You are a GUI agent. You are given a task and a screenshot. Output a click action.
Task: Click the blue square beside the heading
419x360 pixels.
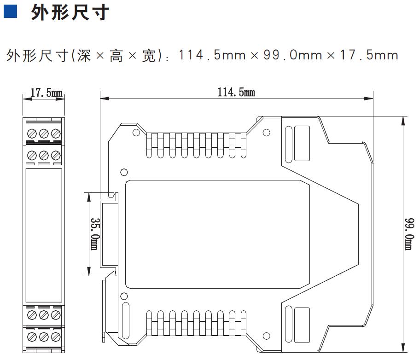pyautogui.click(x=10, y=12)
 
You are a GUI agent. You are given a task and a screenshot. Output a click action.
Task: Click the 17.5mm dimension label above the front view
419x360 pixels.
pyautogui.click(x=47, y=93)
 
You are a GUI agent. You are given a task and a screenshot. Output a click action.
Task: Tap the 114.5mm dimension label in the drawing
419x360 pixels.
pyautogui.click(x=236, y=92)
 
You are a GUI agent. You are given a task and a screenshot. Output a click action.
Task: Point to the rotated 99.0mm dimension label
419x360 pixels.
pyautogui.click(x=409, y=234)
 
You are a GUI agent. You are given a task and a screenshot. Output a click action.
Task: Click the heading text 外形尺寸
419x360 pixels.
pyautogui.click(x=70, y=12)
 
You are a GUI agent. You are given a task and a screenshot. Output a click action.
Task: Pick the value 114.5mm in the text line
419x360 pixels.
pyautogui.click(x=212, y=55)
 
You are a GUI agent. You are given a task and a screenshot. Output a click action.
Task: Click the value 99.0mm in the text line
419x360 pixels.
pyautogui.click(x=293, y=55)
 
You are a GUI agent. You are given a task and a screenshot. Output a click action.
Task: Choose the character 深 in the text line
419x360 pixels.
pyautogui.click(x=84, y=56)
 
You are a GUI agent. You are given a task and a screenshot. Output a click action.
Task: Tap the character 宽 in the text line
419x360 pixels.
pyautogui.click(x=149, y=56)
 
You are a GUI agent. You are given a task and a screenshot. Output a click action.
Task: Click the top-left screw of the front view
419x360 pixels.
pyautogui.click(x=32, y=134)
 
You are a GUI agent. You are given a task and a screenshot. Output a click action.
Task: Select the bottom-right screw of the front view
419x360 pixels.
pyautogui.click(x=56, y=337)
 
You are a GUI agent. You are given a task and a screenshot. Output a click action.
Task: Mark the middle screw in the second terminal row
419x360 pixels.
pyautogui.click(x=44, y=155)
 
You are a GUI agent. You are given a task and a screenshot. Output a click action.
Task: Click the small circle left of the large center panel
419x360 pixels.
pyautogui.click(x=124, y=172)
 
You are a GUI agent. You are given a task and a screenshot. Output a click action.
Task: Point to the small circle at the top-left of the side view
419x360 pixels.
pyautogui.click(x=136, y=132)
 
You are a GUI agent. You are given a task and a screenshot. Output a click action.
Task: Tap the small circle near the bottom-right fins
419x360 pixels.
pyautogui.click(x=267, y=336)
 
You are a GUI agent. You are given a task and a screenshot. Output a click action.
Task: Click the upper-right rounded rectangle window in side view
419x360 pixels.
pyautogui.click(x=302, y=144)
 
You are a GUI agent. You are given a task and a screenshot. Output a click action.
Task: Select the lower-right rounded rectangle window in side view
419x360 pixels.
pyautogui.click(x=302, y=325)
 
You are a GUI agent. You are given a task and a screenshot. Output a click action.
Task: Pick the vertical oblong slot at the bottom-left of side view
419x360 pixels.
pyautogui.click(x=125, y=321)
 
